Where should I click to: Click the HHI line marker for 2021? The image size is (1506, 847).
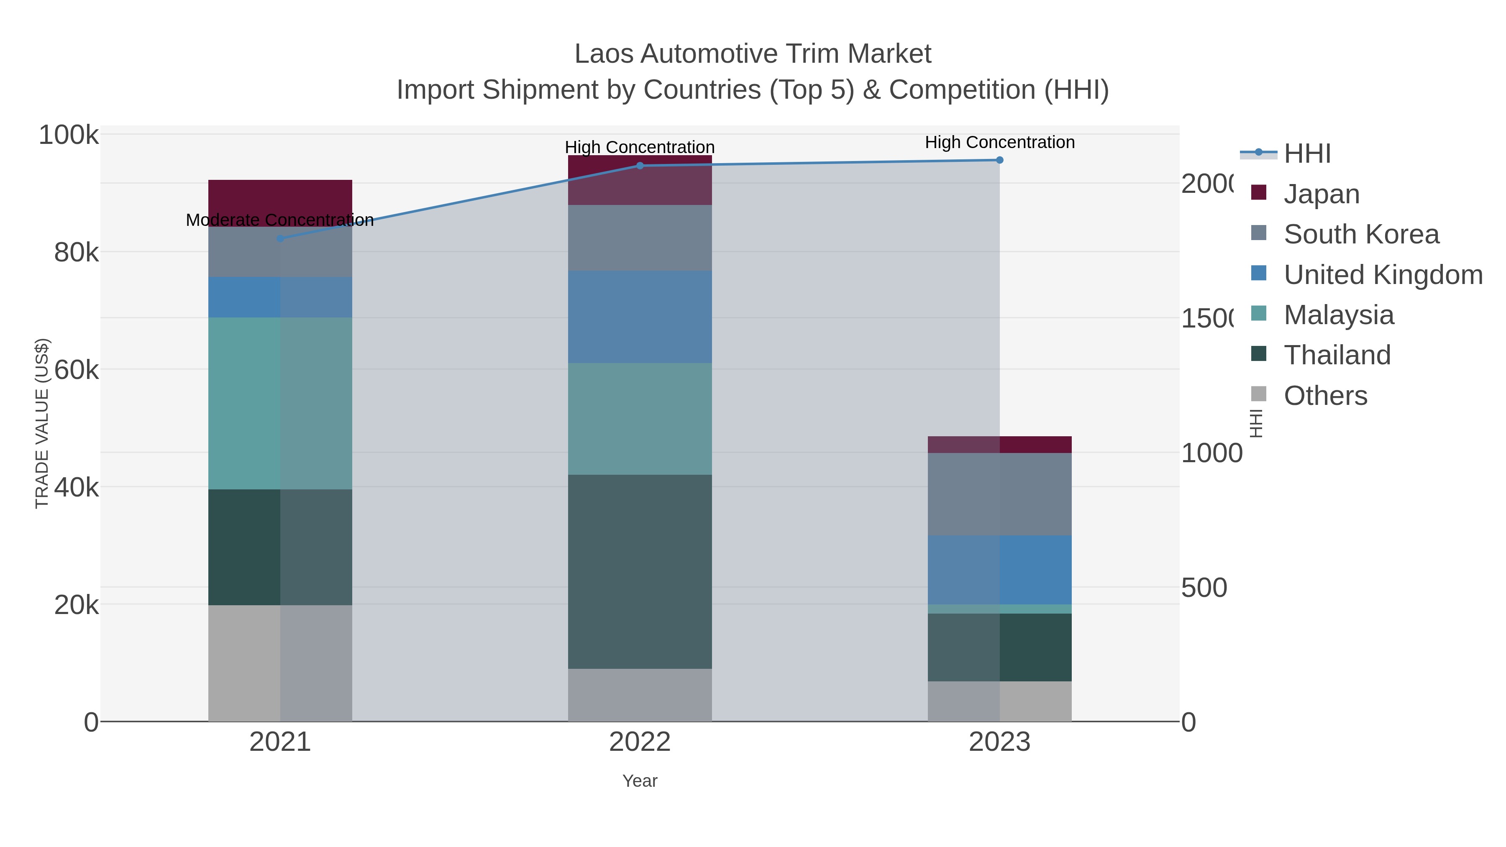coord(280,238)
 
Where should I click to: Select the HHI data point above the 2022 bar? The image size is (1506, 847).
coord(640,165)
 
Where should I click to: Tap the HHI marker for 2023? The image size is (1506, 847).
coord(1000,160)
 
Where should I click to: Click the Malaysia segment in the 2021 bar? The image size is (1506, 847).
coord(280,403)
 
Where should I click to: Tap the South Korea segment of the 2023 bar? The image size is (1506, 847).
coord(1000,494)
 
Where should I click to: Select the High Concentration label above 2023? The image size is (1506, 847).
coord(1000,142)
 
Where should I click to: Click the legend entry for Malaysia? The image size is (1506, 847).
coord(1338,315)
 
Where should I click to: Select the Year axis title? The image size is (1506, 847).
coord(640,781)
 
